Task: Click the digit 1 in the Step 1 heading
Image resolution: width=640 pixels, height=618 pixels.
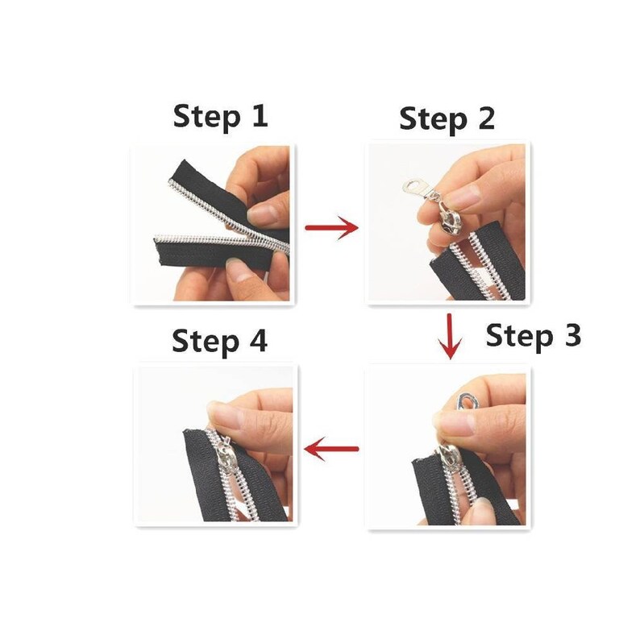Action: [x=259, y=116]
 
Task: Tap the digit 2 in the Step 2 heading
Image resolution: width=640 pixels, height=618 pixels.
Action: [x=485, y=118]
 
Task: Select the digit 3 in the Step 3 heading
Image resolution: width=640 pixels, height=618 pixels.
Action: [x=571, y=335]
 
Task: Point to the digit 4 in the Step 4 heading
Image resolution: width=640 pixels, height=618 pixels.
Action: [x=258, y=341]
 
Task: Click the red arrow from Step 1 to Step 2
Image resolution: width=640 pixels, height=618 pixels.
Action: [x=331, y=227]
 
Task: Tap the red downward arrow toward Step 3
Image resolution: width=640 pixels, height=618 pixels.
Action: [x=450, y=336]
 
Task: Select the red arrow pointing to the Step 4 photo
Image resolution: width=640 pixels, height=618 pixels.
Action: [x=331, y=449]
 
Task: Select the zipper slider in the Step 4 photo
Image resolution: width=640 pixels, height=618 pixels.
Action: [x=226, y=454]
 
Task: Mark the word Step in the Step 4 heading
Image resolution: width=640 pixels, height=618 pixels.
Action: [x=206, y=342]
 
